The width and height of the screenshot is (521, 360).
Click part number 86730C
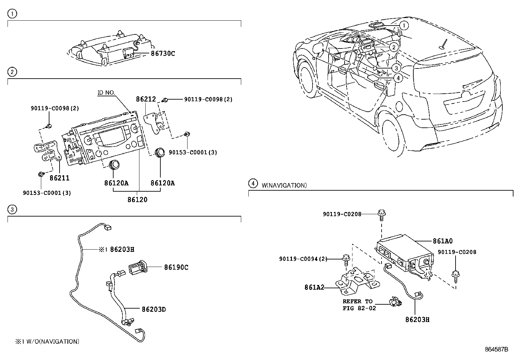coord(163,53)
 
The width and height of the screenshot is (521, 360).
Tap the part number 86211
coord(60,178)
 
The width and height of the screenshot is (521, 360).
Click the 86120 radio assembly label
coord(137,199)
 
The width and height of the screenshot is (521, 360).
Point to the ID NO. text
coord(106,93)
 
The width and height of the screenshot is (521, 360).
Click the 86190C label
coord(176,267)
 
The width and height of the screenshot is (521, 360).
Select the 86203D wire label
coord(153,309)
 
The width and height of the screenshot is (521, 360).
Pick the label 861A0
coord(442,241)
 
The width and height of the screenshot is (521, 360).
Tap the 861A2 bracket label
coord(314,288)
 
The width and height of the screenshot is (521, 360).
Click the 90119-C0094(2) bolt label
coord(303,259)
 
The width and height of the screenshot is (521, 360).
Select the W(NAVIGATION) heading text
coord(284,185)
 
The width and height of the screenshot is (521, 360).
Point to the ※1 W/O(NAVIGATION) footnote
coord(47,341)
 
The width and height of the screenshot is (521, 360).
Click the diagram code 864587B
coord(496,349)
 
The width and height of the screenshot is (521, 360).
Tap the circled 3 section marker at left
coord(12,210)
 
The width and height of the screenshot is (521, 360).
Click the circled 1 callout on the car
coord(404,26)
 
